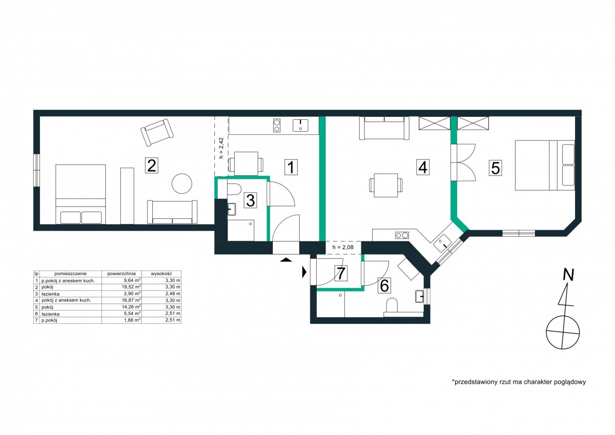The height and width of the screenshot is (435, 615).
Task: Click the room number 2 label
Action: click(152, 165)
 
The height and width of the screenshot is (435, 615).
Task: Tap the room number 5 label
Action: click(495, 168)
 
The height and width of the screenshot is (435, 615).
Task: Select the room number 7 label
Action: click(341, 273)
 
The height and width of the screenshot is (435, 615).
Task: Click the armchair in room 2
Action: click(157, 133)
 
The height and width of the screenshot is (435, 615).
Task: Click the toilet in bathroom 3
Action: click(234, 189)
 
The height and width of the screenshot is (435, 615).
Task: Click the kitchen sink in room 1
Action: click(300, 126)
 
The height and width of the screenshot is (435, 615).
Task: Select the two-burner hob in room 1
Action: click(277, 126)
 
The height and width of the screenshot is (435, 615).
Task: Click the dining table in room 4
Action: click(386, 185)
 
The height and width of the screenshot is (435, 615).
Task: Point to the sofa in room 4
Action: click(384, 128)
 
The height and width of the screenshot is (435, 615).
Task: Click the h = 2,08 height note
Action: click(343, 247)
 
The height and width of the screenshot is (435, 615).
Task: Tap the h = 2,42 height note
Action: click(221, 148)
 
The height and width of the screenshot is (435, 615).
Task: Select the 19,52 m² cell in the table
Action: click(133, 287)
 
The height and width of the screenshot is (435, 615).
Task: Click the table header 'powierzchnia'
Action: click(121, 274)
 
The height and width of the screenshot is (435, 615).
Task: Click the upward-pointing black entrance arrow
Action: click(286, 260)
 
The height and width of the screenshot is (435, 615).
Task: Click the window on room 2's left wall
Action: click(36, 171)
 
